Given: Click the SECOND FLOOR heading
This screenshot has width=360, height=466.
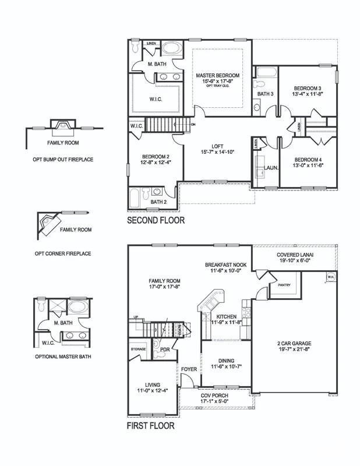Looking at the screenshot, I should [156, 221].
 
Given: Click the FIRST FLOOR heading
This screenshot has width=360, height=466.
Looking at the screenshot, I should [151, 425].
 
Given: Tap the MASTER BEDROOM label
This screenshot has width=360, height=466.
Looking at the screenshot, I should [217, 76].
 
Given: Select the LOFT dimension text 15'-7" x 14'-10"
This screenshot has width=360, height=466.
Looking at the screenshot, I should [217, 152].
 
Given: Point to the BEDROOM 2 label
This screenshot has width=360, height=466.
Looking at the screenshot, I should [156, 157].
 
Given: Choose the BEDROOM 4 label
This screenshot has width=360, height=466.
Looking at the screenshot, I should [308, 160].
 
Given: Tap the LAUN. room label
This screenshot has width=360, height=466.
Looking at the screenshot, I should [271, 168].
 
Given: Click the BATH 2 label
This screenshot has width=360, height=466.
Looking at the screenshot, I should [158, 202].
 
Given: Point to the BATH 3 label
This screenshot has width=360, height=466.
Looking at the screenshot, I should [266, 93].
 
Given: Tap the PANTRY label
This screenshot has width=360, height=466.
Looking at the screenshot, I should [285, 285].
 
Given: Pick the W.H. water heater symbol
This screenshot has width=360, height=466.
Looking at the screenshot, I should [330, 276].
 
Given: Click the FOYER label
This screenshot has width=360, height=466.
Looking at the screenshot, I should [189, 368].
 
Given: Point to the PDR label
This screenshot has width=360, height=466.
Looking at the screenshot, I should [165, 350].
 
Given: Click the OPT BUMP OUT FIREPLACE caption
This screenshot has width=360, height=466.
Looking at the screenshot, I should [63, 159].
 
